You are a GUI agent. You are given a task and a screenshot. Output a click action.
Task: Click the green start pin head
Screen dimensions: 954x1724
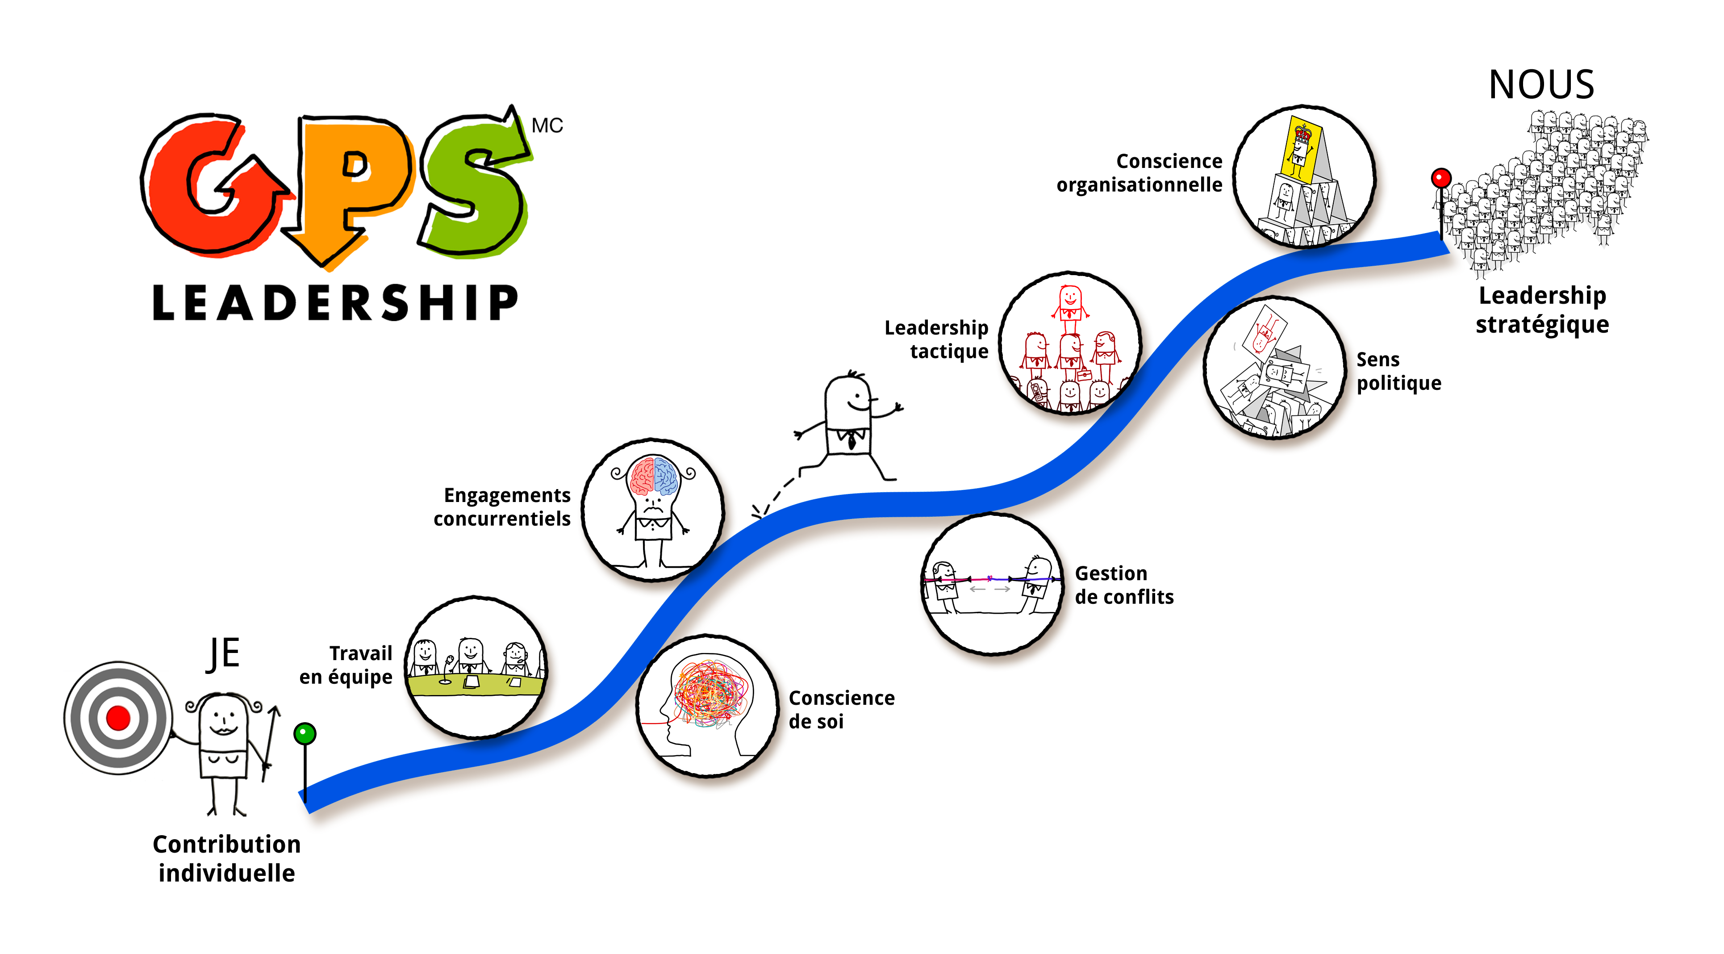305,734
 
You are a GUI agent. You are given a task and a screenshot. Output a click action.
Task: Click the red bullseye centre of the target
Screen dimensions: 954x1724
118,718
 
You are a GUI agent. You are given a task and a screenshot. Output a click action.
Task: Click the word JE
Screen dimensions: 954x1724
223,653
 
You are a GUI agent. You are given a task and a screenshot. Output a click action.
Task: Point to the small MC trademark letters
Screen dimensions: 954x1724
547,125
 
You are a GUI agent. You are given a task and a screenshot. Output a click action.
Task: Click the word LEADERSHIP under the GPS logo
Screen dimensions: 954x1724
334,303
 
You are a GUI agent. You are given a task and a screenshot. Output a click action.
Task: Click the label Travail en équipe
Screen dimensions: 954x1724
346,665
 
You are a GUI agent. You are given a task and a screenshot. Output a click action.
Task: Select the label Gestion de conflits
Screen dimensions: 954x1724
1124,585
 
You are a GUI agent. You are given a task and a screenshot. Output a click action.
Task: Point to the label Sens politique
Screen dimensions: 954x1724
1398,371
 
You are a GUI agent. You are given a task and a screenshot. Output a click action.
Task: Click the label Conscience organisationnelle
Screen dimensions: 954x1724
1140,173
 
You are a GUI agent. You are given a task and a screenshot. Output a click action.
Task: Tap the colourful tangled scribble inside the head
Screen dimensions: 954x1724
711,693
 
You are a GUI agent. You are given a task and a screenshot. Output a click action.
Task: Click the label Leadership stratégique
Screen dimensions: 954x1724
1542,310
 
